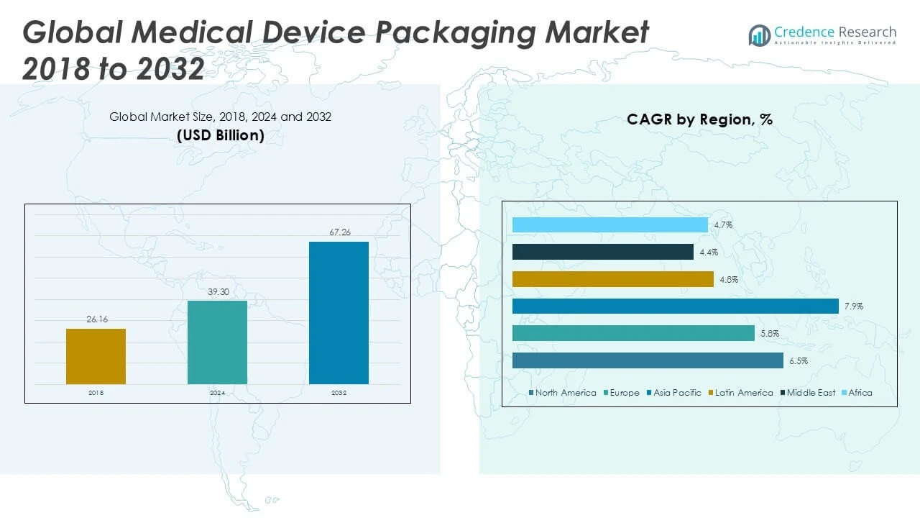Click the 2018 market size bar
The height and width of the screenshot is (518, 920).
96,356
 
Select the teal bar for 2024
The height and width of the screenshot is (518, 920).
217,342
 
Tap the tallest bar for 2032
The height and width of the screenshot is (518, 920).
339,312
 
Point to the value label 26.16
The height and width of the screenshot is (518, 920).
97,319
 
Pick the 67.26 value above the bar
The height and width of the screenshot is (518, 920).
339,232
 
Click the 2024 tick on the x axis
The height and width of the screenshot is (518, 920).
217,393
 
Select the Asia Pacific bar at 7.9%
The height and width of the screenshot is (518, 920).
675,306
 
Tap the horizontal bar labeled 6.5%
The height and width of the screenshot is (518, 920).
648,360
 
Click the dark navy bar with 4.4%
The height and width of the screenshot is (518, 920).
602,252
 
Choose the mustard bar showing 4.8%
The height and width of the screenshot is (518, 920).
612,279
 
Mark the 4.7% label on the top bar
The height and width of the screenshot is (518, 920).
723,225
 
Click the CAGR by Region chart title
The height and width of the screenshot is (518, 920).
699,119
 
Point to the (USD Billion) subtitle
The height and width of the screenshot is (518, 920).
221,135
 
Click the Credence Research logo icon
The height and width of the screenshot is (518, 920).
759,35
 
